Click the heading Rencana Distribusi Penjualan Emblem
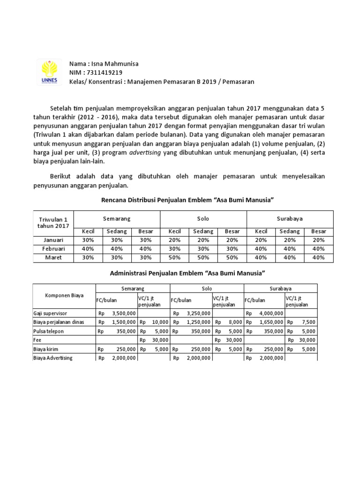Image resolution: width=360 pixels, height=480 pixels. pos(187,200)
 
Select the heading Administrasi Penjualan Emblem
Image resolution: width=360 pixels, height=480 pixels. pos(187,273)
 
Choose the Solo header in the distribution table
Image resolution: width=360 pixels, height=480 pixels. pos(203,218)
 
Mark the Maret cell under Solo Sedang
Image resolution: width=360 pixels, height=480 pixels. pos(203,258)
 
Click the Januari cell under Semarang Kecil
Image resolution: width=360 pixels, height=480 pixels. pos(88,240)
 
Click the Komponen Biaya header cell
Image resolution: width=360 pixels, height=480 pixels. pos(64,296)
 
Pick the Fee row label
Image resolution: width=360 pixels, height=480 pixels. pos(38,340)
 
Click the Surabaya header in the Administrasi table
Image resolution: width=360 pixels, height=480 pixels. pos(280,289)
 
